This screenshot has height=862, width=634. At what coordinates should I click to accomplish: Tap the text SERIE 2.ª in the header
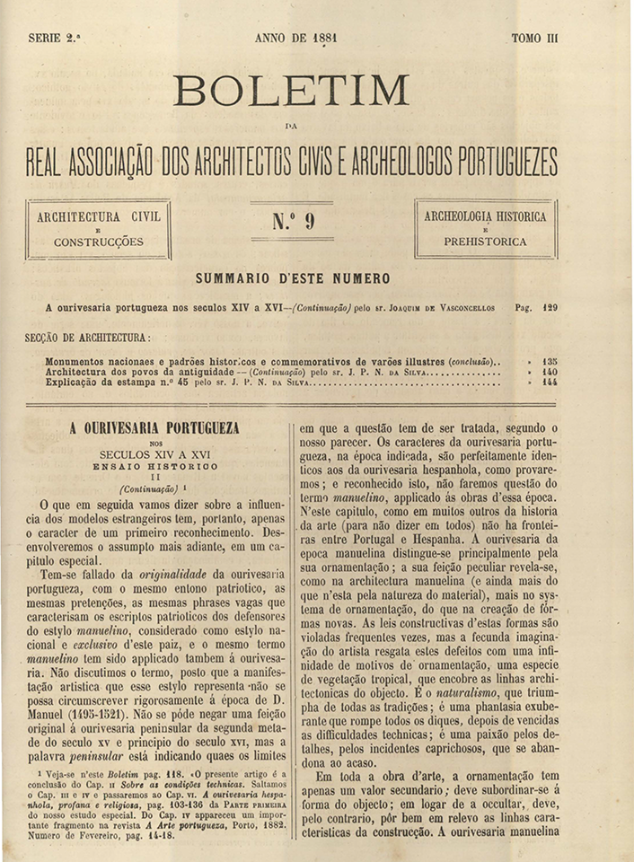click(x=55, y=39)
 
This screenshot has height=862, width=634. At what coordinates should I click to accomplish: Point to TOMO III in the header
click(x=534, y=39)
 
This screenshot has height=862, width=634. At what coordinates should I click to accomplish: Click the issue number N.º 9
click(x=293, y=221)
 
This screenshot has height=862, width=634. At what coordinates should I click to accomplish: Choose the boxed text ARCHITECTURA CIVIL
click(x=99, y=217)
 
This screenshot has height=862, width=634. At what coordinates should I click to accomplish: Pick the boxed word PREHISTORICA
click(x=485, y=242)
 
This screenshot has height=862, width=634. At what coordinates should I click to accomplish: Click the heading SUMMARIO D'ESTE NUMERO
click(x=292, y=279)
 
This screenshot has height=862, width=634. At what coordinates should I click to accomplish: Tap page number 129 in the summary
click(x=550, y=308)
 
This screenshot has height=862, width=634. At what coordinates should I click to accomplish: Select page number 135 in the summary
click(x=550, y=361)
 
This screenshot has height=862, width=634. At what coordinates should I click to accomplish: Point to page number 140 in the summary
click(x=550, y=372)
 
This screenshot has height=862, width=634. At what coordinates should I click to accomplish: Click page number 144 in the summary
click(x=550, y=383)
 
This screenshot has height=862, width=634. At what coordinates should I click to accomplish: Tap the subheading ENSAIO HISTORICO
click(x=154, y=467)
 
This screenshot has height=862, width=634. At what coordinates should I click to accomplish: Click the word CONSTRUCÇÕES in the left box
click(x=99, y=242)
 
